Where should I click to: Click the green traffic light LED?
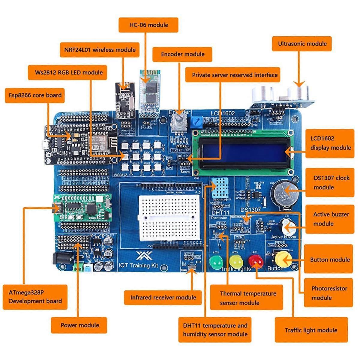pos(216,262)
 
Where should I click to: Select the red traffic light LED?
pos(255,261)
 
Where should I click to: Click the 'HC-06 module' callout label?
pos(148,25)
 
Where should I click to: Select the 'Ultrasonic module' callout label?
pos(302,44)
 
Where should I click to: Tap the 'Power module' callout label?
pos(79,325)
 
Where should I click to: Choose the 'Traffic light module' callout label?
pos(311,330)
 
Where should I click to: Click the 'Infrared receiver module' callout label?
pos(163,298)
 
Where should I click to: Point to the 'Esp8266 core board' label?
pos(35,95)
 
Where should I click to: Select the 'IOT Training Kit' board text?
pos(138,265)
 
